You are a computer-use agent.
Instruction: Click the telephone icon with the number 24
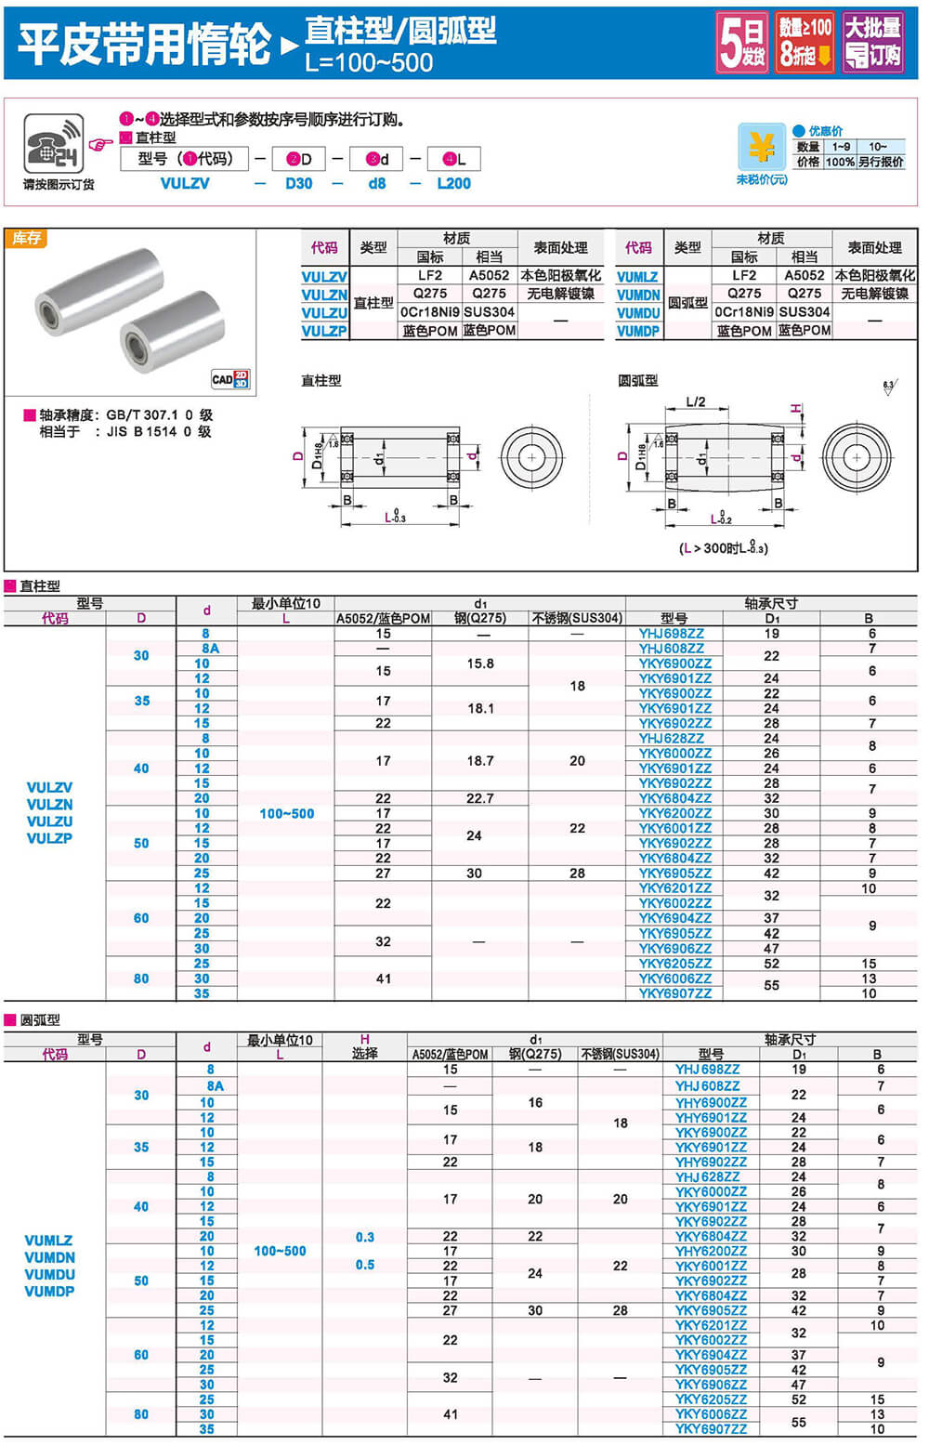53,143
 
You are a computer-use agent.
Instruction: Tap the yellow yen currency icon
761,147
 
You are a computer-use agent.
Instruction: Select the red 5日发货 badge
742,43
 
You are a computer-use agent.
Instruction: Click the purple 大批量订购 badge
872,43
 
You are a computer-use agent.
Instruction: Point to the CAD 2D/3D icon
229,378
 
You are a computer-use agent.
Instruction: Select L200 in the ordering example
453,184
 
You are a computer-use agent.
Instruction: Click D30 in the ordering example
298,184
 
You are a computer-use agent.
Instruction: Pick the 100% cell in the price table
840,162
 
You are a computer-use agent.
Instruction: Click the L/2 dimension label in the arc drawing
695,402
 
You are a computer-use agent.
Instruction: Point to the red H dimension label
796,409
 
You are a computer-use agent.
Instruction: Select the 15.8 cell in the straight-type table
479,663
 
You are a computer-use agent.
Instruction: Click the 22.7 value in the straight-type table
479,798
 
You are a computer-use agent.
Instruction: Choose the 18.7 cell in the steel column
479,761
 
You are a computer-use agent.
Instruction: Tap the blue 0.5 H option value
365,1266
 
